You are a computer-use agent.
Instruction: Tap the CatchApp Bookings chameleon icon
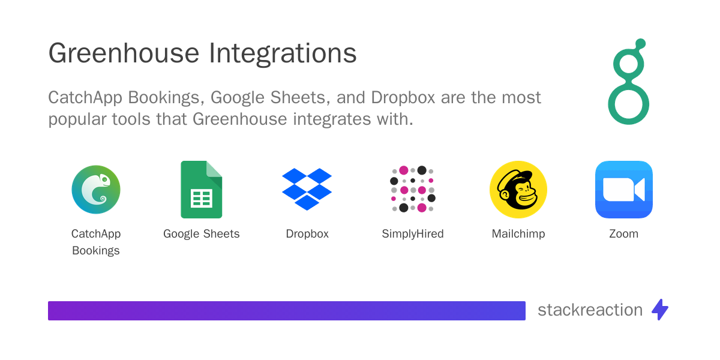96,190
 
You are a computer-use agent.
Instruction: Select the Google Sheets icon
202,190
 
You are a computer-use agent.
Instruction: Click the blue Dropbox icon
307,189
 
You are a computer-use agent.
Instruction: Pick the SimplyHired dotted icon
412,189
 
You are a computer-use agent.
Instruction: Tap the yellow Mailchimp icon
518,190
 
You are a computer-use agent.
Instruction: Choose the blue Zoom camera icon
623,190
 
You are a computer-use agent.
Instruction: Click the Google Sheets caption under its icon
202,234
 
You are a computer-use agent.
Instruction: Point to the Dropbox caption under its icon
307,234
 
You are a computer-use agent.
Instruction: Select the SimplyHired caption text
413,234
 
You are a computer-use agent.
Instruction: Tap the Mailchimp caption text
518,234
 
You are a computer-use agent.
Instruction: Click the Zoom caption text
623,234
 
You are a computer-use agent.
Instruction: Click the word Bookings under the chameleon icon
96,251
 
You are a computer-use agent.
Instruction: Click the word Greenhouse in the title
124,54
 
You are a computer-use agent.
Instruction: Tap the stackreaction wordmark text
590,310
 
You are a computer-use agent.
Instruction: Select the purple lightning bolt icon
660,310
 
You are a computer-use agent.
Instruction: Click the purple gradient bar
287,310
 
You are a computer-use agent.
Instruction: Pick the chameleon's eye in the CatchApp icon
105,179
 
